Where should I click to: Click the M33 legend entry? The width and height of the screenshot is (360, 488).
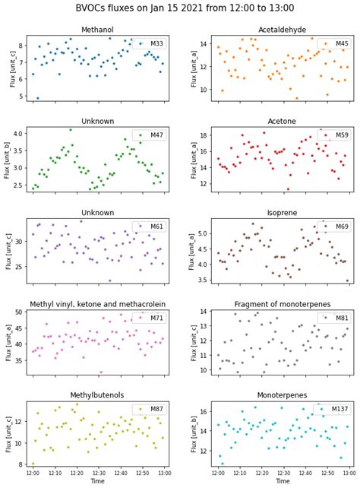coord(150,43)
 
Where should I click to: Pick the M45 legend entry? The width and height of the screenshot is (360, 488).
coord(335,43)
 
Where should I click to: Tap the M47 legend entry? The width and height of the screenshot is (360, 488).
coord(150,135)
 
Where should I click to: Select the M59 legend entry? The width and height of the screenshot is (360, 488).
coord(335,135)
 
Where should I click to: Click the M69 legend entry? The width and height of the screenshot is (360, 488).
coord(335,227)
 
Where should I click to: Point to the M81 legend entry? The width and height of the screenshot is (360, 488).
coord(335,318)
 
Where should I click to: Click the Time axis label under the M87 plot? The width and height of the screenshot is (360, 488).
coord(97,482)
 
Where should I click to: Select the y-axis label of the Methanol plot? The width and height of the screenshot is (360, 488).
coord(12,68)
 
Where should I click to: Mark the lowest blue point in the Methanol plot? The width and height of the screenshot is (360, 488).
coord(38,98)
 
